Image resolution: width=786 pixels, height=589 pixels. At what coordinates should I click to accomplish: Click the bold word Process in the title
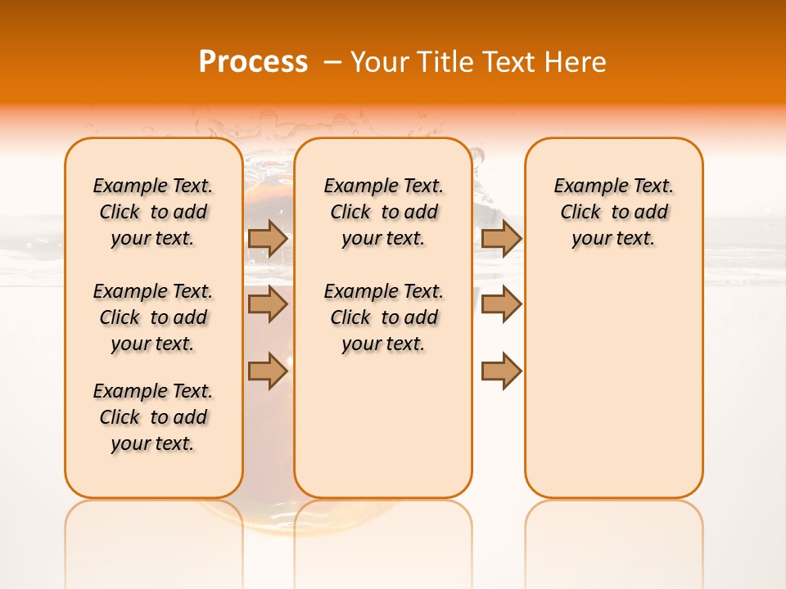253,62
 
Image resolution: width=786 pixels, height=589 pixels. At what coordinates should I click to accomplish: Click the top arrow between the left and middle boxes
268,238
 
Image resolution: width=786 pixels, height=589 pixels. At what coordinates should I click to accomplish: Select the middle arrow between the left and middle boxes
268,304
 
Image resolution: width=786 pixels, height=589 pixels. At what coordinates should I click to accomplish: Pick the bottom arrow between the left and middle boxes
268,371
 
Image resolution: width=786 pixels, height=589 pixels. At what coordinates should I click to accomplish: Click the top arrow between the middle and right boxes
501,238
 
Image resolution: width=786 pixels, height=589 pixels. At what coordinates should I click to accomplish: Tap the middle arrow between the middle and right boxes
501,304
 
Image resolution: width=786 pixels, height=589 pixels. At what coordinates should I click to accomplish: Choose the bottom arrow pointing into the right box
501,371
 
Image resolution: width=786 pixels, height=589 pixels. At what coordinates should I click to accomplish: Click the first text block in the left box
153,212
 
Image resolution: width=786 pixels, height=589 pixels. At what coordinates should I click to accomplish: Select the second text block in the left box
153,317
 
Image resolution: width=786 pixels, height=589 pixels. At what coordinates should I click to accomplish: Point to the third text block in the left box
153,417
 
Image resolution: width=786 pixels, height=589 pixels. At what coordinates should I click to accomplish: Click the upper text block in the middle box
383,212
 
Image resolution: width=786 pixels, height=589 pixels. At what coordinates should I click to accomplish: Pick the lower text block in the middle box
383,317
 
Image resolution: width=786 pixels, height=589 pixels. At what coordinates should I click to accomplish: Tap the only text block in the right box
614,212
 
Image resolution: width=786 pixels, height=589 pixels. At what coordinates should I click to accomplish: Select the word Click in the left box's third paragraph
120,417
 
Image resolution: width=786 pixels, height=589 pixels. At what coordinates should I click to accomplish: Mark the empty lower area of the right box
614,384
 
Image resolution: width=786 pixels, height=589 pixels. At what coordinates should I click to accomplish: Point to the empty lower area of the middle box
383,425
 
